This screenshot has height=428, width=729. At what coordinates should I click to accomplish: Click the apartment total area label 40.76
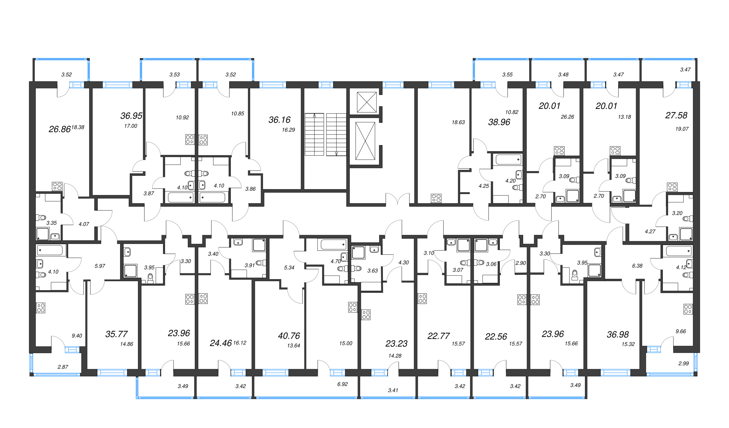coord(289,336)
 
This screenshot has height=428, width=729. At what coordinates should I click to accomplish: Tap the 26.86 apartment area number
coord(59,129)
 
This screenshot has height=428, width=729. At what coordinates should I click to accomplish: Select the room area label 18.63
coord(458,122)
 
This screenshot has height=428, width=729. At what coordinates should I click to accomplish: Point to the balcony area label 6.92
coord(342,384)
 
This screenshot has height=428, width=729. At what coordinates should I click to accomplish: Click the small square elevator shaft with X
coord(367,102)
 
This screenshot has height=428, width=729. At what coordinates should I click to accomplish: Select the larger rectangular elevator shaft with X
coord(365,141)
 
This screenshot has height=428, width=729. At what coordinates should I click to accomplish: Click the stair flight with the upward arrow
coord(314,134)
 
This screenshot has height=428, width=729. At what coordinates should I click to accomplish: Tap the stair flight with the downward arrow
coord(336,134)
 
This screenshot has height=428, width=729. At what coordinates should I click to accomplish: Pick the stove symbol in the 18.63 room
coord(436,198)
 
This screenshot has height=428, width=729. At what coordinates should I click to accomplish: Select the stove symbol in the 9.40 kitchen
coord(41,308)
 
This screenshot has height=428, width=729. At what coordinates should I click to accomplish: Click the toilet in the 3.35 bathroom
coord(41,217)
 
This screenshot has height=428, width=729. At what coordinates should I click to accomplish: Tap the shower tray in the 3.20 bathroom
coord(686,234)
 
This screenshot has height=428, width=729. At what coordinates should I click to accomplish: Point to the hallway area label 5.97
coord(100,266)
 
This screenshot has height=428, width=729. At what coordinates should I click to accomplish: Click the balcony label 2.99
coord(683,363)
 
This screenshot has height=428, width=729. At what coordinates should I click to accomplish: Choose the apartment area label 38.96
coord(499,122)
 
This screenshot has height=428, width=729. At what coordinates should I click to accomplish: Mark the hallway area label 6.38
coord(637,266)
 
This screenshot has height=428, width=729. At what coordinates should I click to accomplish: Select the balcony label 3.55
coord(507,75)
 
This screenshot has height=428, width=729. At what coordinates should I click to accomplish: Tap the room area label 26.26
coord(567,117)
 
